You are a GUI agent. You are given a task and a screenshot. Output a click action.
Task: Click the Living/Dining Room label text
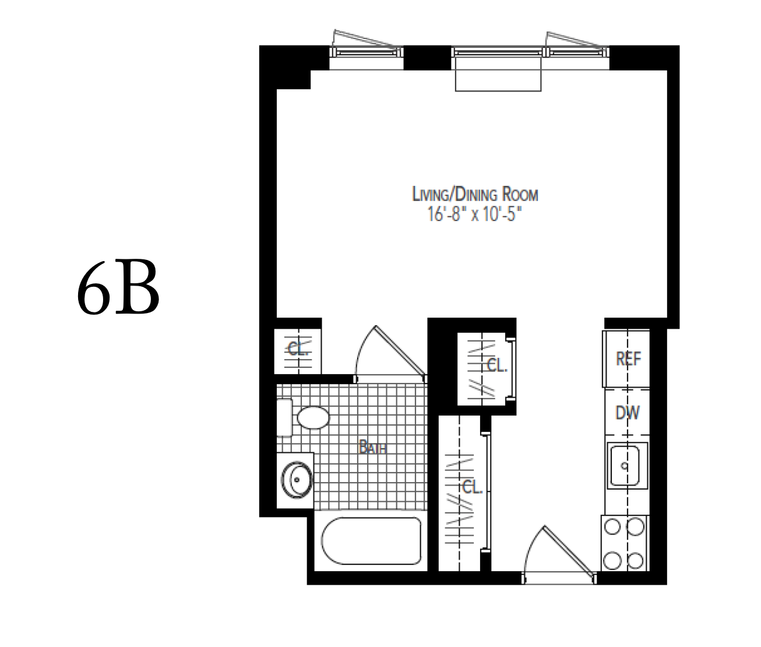[474, 194]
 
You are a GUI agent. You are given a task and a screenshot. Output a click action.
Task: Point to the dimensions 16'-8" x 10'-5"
[474, 215]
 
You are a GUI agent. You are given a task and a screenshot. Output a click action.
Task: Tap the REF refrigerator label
[628, 359]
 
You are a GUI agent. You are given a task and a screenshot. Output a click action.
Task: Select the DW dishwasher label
[628, 413]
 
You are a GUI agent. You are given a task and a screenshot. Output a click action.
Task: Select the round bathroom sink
[297, 480]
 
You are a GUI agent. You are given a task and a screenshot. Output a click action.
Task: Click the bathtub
[368, 540]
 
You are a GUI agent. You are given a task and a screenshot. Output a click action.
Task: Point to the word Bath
[373, 448]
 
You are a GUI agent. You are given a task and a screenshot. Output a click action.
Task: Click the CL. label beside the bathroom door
[298, 349]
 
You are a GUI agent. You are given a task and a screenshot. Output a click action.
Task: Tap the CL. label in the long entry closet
[472, 487]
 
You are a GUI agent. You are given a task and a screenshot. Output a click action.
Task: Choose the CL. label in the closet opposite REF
[496, 365]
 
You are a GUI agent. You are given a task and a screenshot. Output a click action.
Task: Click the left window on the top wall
[367, 52]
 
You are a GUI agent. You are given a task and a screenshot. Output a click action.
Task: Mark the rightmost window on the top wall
[577, 52]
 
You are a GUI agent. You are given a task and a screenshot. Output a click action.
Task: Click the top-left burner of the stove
[612, 527]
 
